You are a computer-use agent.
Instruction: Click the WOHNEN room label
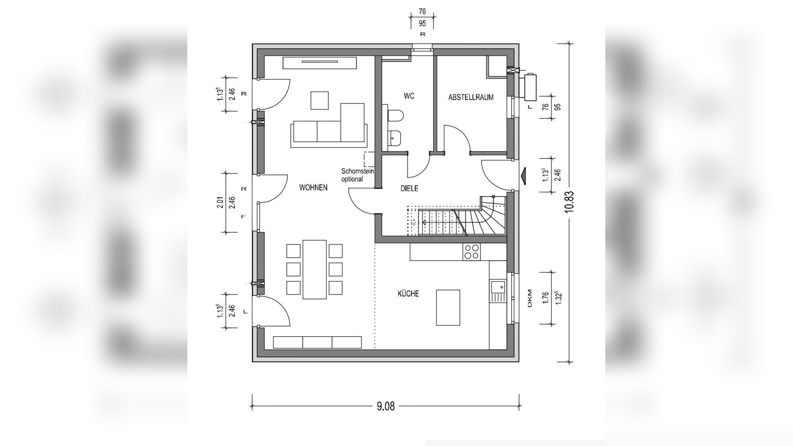[313, 188]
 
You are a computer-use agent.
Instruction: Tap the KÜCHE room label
[408, 293]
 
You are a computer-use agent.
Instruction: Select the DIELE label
[409, 189]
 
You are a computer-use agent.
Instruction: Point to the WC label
[409, 96]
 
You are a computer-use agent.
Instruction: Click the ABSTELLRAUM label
[471, 97]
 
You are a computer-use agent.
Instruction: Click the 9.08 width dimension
[386, 406]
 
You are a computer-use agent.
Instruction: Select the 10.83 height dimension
[569, 202]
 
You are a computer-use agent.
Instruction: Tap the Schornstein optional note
[357, 175]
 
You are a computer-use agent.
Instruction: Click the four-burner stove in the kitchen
[471, 252]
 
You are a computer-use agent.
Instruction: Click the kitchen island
[448, 307]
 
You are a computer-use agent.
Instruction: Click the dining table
[315, 269]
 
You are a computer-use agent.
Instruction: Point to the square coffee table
[319, 100]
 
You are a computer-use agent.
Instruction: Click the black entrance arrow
[524, 176]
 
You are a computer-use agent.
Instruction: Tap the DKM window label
[529, 298]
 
